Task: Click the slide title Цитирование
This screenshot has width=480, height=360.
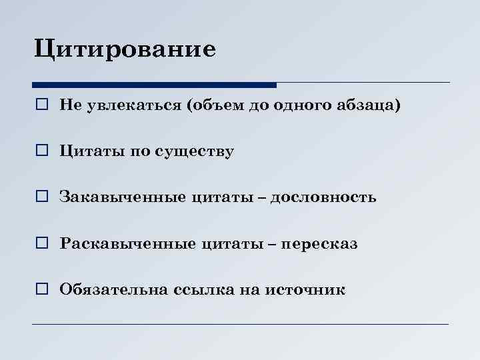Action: coord(125,50)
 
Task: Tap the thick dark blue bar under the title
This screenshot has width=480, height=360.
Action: coord(154,85)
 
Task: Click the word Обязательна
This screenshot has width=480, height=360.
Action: coord(113,289)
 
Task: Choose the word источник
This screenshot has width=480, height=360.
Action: coord(305,289)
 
